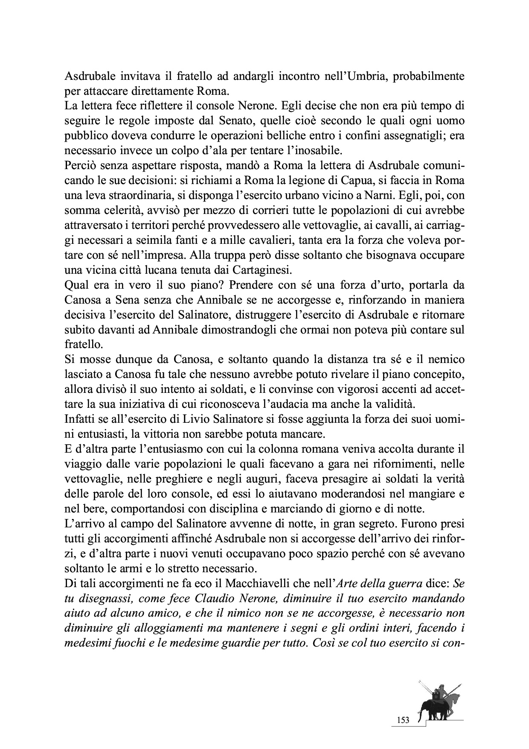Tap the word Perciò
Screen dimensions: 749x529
pyautogui.click(x=79, y=165)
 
